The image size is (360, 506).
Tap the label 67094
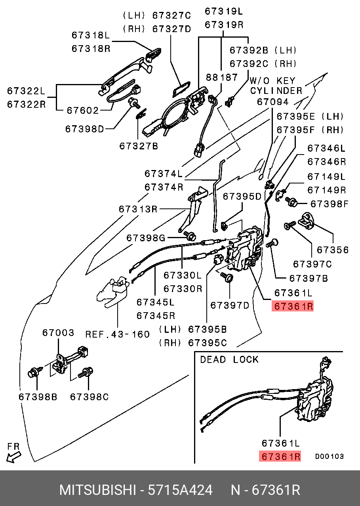(273, 102)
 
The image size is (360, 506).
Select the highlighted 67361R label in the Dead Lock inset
(280, 456)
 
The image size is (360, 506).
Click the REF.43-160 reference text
(118, 334)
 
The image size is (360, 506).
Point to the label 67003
(58, 333)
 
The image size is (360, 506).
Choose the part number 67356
(333, 250)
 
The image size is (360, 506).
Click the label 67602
(82, 110)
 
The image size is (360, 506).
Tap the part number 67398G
(146, 238)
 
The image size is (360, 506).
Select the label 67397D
(230, 305)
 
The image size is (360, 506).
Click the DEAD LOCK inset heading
(229, 359)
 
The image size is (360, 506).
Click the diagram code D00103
(329, 456)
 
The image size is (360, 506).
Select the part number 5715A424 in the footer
(180, 490)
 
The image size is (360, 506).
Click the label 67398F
(329, 204)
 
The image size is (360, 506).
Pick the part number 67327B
(139, 146)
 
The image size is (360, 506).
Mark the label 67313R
(138, 208)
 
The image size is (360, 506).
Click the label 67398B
(38, 396)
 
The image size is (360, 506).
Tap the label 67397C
(312, 264)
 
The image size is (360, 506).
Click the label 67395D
(242, 196)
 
